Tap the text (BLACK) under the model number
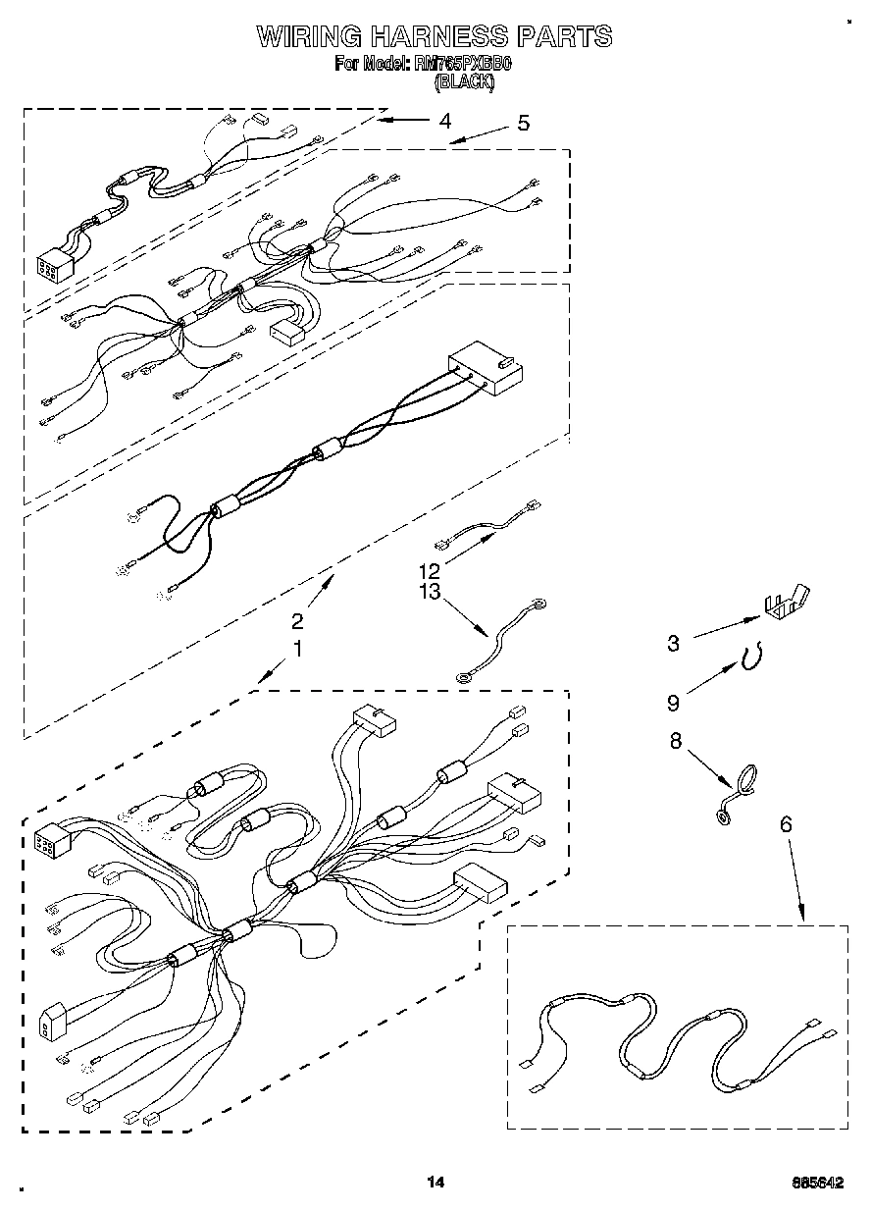tap(464, 82)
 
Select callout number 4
tap(445, 121)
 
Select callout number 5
tap(523, 123)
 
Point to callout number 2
tap(297, 620)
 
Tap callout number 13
tap(429, 591)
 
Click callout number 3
tap(673, 644)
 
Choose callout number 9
tap(673, 703)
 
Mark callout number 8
tap(675, 742)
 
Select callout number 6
tap(785, 824)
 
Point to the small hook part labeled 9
tap(754, 658)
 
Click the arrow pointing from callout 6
tap(795, 878)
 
